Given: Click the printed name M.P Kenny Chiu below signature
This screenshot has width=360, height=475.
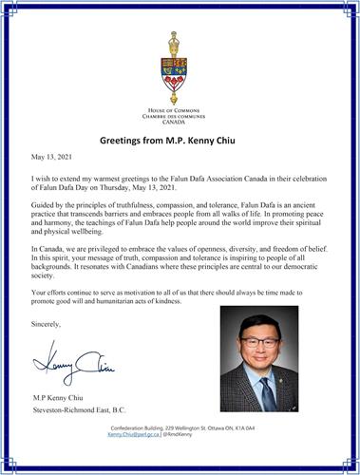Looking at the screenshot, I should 70,396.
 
